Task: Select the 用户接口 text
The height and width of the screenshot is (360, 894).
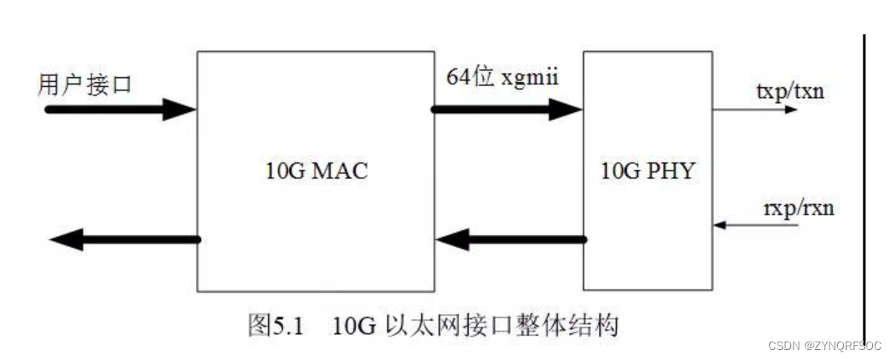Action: pyautogui.click(x=85, y=85)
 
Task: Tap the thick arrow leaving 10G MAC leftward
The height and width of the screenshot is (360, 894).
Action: pyautogui.click(x=126, y=239)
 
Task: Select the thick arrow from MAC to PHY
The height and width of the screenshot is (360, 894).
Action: pyautogui.click(x=507, y=109)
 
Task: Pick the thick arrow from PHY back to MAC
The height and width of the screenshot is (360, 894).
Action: pyautogui.click(x=511, y=240)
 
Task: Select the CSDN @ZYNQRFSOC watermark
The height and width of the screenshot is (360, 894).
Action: pyautogui.click(x=824, y=344)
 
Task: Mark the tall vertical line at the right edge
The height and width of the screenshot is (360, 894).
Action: pyautogui.click(x=863, y=184)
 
